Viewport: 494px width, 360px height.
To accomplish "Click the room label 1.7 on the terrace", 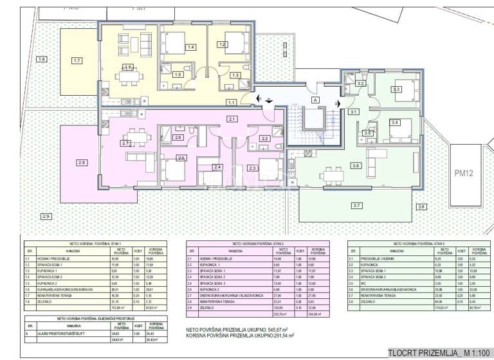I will click(x=77, y=60).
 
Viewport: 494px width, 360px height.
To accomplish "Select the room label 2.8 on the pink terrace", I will click(x=82, y=163).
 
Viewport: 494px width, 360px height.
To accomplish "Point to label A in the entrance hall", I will click(x=315, y=100).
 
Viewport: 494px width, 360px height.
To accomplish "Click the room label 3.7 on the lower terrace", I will click(x=356, y=206).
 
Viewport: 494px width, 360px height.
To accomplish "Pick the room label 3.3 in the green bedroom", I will click(x=396, y=89).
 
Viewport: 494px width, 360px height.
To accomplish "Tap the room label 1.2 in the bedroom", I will click(x=222, y=44).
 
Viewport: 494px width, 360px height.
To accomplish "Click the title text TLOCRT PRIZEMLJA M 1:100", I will click(x=437, y=352).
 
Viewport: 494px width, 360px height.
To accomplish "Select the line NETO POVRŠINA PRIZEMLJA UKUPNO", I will click(x=240, y=329).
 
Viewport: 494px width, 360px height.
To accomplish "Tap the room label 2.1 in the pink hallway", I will click(x=232, y=119).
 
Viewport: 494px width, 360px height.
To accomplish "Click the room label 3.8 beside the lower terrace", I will click(x=421, y=206).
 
